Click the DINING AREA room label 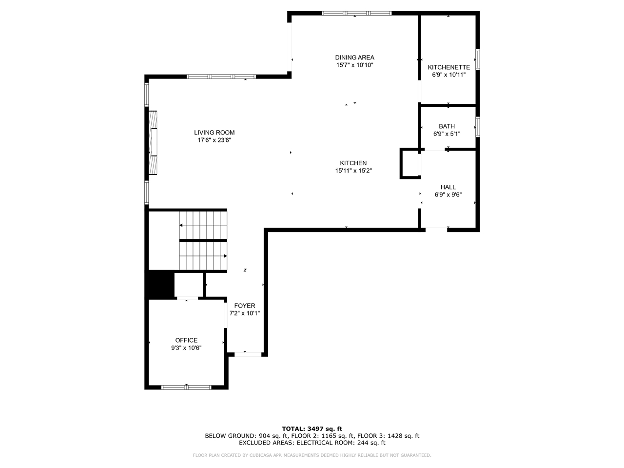pos(354,58)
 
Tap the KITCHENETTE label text pos(449,67)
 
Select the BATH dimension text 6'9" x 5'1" pos(447,134)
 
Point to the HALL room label pos(448,187)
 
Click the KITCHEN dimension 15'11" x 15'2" pos(353,171)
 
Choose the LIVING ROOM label pos(214,133)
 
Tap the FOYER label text pos(245,306)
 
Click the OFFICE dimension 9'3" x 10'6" pos(186,348)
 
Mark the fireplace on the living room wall pos(153,142)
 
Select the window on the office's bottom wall pos(186,387)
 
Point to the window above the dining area pos(356,13)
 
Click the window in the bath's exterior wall pos(478,127)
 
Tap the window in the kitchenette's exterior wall pos(478,59)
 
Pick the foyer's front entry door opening pos(248,354)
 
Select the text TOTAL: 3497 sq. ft pos(312,429)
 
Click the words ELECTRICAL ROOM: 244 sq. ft pos(341,443)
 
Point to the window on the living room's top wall pos(221,77)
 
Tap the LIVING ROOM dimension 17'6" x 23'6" pos(214,140)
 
